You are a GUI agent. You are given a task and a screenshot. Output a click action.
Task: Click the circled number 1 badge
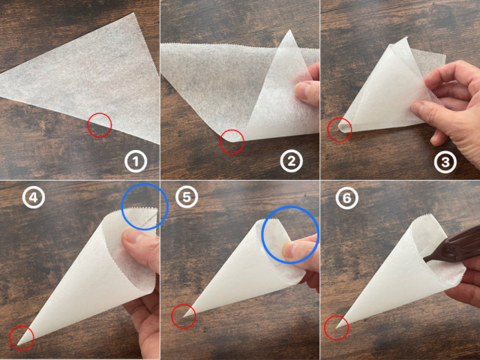pyautogui.click(x=136, y=161)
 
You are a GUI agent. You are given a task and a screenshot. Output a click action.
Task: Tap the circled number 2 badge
pyautogui.click(x=292, y=160)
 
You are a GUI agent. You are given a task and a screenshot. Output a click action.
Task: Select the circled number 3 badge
pyautogui.click(x=445, y=162)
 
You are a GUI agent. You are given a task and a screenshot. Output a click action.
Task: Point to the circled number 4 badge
pyautogui.click(x=34, y=197)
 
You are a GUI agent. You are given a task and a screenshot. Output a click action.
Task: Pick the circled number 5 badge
pyautogui.click(x=187, y=197)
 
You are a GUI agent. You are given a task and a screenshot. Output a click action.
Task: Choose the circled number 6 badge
pyautogui.click(x=346, y=198)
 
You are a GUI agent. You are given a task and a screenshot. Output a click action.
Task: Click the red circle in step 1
pyautogui.click(x=100, y=112)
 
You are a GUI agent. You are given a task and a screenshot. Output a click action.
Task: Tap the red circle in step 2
pyautogui.click(x=232, y=129)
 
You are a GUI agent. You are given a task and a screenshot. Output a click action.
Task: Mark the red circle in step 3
pyautogui.click(x=340, y=118)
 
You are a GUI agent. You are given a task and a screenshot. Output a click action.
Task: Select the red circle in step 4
pyautogui.click(x=22, y=325)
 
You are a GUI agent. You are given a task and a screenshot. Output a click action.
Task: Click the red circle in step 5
pyautogui.click(x=183, y=304)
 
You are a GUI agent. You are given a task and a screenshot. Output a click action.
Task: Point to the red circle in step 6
pyautogui.click(x=336, y=316)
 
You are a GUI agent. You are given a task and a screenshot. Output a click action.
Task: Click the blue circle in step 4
pyautogui.click(x=145, y=183)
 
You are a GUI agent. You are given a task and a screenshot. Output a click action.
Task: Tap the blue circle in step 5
pyautogui.click(x=290, y=207)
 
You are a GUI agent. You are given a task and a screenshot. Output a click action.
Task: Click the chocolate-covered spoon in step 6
pyautogui.click(x=453, y=247)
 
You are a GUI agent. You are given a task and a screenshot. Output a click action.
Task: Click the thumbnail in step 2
pyautogui.click(x=302, y=90)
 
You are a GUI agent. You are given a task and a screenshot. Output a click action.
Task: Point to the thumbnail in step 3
pyautogui.click(x=418, y=108)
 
